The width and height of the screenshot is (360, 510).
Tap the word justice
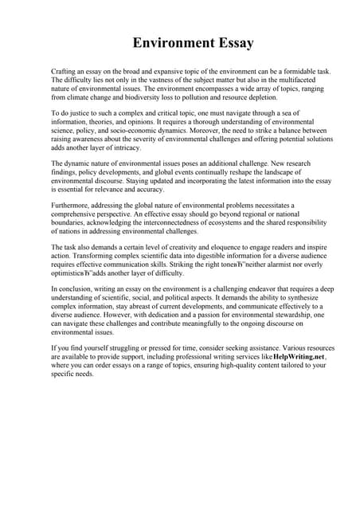tap(80, 116)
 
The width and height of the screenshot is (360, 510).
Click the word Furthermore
tap(74, 204)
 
